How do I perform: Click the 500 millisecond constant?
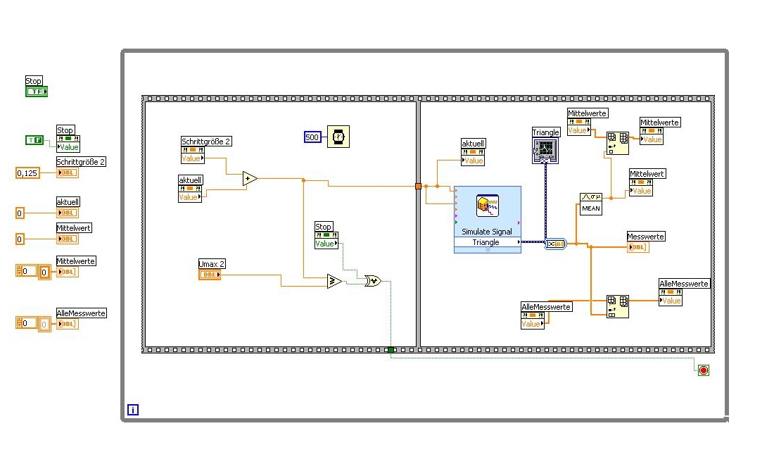coord(312,137)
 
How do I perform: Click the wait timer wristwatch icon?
coord(338,137)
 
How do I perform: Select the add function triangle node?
coord(250,179)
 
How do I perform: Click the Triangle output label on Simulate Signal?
coord(486,242)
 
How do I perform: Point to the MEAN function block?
coord(590,203)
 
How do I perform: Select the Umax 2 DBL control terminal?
coord(209,275)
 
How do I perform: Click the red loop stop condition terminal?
coord(703,370)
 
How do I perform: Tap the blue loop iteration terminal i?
coord(133,409)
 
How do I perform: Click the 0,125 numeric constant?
coord(27,173)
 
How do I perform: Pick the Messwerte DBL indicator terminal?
coord(637,247)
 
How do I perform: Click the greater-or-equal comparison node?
coord(334,282)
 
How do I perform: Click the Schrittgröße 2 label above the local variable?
coord(206,142)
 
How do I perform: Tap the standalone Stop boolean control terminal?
coord(37,92)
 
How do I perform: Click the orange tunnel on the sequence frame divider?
coord(418,186)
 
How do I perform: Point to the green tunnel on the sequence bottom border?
coord(391,349)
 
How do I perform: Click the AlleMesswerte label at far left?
coord(81,313)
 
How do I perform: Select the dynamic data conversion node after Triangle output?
coord(555,244)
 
